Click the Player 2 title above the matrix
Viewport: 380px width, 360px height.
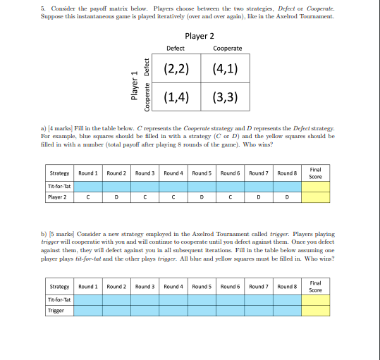(200, 36)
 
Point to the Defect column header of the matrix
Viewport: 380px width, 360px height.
(176, 49)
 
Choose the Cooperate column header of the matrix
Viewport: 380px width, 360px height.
(227, 49)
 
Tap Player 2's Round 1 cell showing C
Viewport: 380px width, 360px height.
(87, 197)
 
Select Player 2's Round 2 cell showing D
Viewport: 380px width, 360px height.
(116, 197)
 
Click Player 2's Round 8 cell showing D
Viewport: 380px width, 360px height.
(287, 197)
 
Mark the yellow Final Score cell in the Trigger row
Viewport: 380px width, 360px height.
(315, 310)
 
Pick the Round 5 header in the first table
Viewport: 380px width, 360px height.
(202, 173)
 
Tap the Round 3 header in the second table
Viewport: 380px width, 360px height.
(145, 287)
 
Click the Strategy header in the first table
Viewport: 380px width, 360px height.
(59, 173)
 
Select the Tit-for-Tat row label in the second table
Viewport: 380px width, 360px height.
(59, 299)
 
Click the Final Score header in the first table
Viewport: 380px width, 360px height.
(315, 173)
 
